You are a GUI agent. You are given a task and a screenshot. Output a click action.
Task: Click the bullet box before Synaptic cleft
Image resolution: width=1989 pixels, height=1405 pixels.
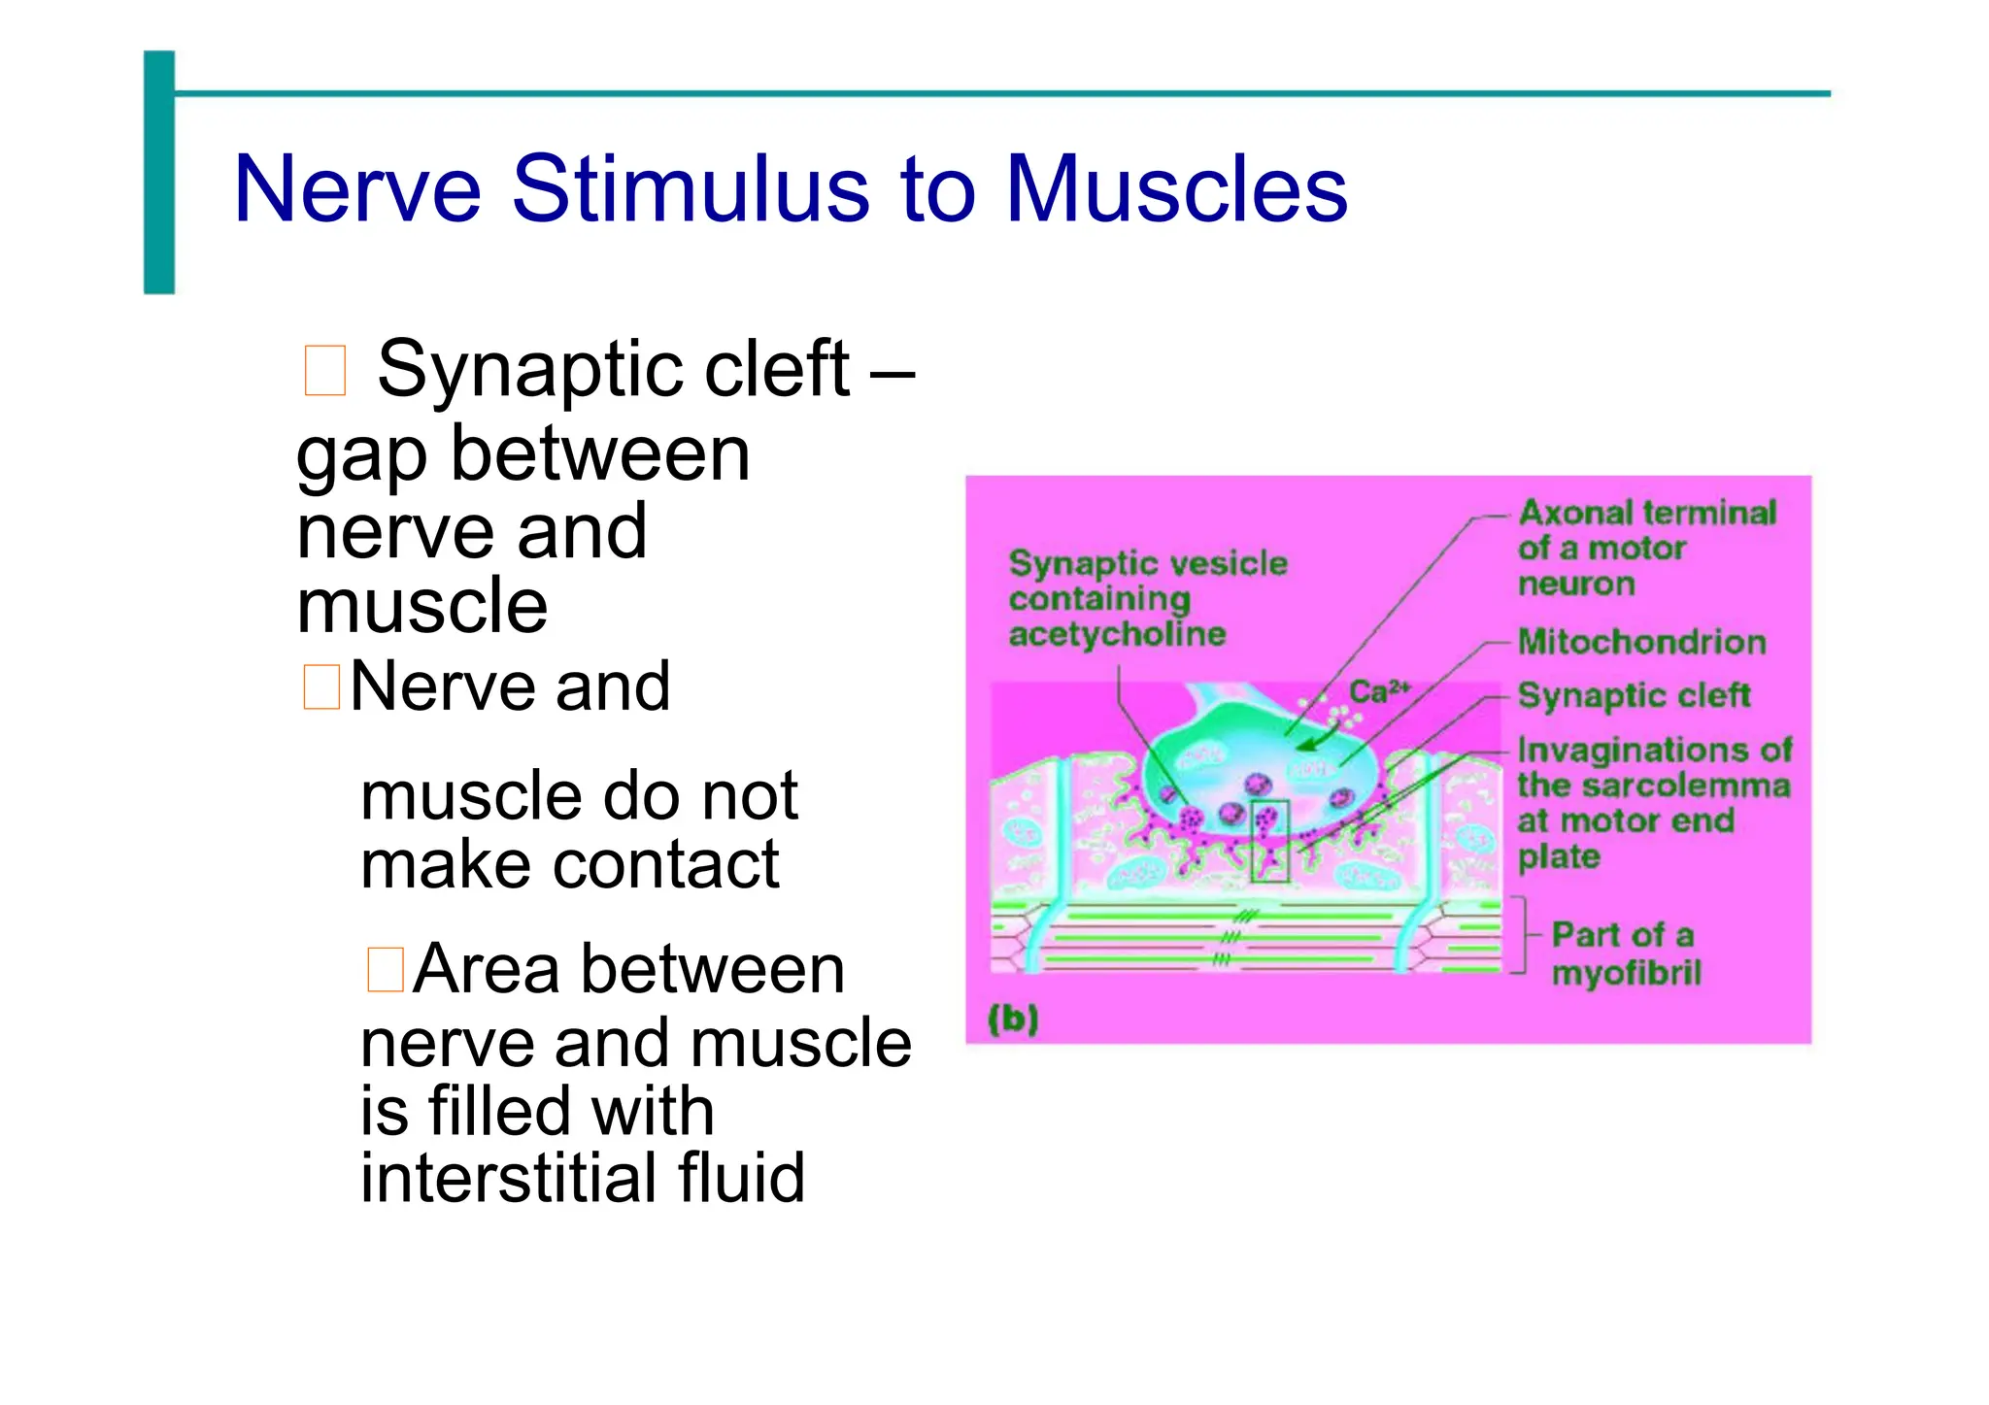pyautogui.click(x=324, y=371)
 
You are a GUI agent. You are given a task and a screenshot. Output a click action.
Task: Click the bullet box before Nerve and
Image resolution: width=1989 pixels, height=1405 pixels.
pyautogui.click(x=320, y=687)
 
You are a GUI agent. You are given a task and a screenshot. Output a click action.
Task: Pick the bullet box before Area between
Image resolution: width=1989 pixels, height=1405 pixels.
pyautogui.click(x=385, y=970)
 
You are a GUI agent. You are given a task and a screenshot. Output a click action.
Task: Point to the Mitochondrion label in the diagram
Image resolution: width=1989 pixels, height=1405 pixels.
pyautogui.click(x=1641, y=642)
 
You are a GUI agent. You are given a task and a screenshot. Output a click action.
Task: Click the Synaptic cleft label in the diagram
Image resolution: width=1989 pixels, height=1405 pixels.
pyautogui.click(x=1634, y=695)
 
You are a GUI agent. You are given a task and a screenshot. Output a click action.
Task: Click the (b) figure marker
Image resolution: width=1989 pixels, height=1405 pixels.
pyautogui.click(x=1013, y=1019)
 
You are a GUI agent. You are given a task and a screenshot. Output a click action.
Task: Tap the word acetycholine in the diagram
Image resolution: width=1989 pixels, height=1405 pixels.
pyautogui.click(x=1117, y=635)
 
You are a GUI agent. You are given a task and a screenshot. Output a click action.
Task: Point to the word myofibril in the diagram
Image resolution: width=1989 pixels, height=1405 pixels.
pyautogui.click(x=1626, y=973)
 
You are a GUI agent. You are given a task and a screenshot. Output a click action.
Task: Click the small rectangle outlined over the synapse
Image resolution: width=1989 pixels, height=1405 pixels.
pyautogui.click(x=1269, y=841)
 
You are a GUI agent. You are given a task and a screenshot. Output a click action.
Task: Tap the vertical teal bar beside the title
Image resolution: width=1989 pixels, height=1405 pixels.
pyautogui.click(x=159, y=172)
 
